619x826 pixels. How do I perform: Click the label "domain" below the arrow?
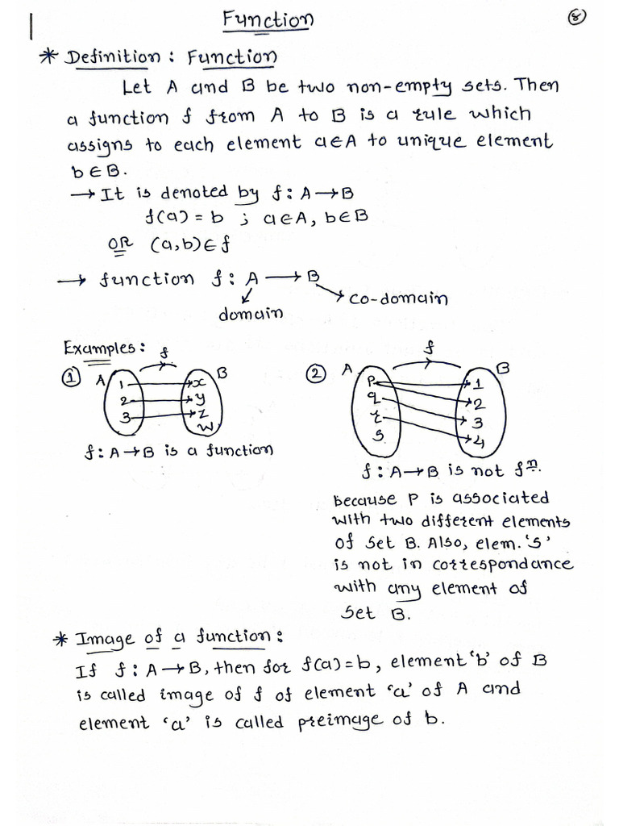pyautogui.click(x=251, y=314)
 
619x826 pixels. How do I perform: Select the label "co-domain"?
pyautogui.click(x=398, y=298)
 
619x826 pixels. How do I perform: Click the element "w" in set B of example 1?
pyautogui.click(x=206, y=426)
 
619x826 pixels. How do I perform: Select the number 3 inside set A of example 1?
pyautogui.click(x=123, y=417)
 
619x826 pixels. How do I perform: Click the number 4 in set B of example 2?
pyautogui.click(x=479, y=440)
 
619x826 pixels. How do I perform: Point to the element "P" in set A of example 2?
pyautogui.click(x=372, y=379)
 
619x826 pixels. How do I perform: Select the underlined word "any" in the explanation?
pyautogui.click(x=405, y=588)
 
